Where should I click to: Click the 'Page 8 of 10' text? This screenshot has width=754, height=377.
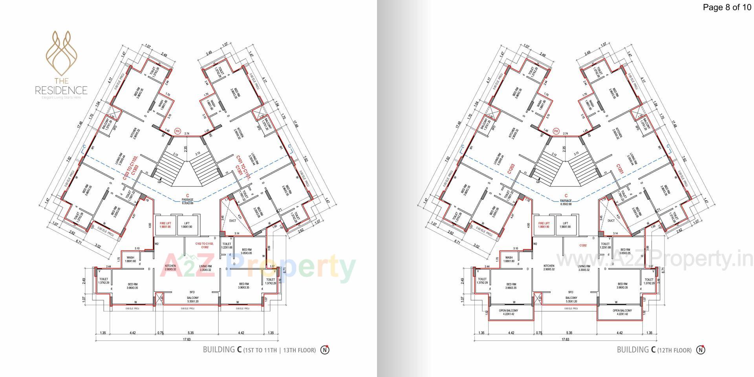click(x=727, y=7)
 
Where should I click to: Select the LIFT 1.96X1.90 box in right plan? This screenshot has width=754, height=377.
click(x=565, y=225)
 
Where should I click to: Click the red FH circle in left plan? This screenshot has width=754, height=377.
click(x=178, y=131)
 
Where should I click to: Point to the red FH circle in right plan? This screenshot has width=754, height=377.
click(x=556, y=131)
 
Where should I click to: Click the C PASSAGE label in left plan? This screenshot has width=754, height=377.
click(x=188, y=199)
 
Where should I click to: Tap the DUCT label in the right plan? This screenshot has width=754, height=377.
click(x=611, y=221)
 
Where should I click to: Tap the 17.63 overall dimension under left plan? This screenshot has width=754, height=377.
click(x=187, y=340)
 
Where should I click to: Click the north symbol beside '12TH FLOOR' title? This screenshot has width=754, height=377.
click(x=701, y=350)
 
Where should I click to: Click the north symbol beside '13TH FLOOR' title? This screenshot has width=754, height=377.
click(x=325, y=350)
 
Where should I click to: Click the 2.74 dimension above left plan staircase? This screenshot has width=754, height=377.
click(x=187, y=134)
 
